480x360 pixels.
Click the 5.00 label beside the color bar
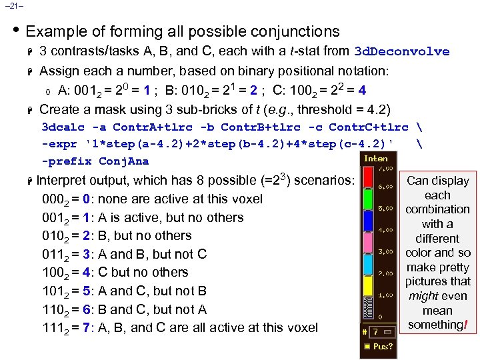click(x=385, y=209)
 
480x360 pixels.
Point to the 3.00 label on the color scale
click(x=385, y=251)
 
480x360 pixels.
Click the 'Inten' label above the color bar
click(x=375, y=158)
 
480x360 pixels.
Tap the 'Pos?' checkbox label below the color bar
click(x=383, y=346)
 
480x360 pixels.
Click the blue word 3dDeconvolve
click(x=401, y=51)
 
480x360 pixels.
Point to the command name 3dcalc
click(x=63, y=127)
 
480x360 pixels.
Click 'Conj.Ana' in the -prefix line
click(x=123, y=161)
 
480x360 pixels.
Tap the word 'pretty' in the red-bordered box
click(x=454, y=267)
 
